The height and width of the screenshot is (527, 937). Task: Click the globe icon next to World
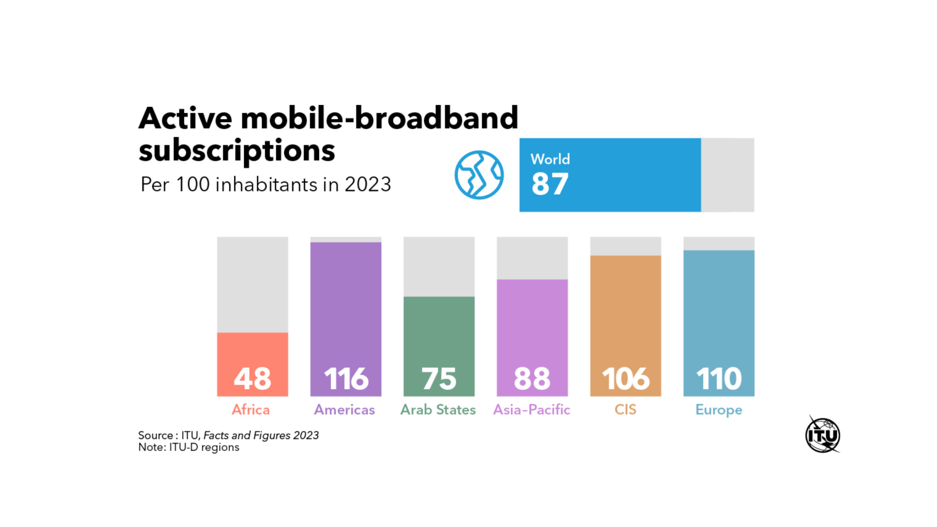pyautogui.click(x=479, y=175)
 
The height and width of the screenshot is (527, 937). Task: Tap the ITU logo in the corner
pyautogui.click(x=823, y=435)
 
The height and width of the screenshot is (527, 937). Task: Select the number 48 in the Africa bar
pyautogui.click(x=252, y=379)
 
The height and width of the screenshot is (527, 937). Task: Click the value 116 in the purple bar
pyautogui.click(x=346, y=379)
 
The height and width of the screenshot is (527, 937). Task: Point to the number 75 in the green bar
pyautogui.click(x=439, y=379)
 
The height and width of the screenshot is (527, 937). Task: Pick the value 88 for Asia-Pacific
pyautogui.click(x=532, y=379)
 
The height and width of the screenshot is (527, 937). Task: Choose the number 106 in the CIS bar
pyautogui.click(x=626, y=379)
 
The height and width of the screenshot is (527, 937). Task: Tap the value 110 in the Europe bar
pyautogui.click(x=719, y=379)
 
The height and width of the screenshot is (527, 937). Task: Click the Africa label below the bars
pyautogui.click(x=251, y=409)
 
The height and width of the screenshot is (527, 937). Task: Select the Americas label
pyautogui.click(x=345, y=409)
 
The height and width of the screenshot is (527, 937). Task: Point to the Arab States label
pyautogui.click(x=438, y=409)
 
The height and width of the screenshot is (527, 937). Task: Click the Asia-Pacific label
pyautogui.click(x=531, y=409)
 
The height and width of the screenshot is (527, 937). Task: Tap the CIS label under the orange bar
pyautogui.click(x=625, y=409)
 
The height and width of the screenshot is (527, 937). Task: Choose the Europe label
pyautogui.click(x=719, y=410)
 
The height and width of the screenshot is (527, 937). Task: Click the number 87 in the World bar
pyautogui.click(x=550, y=184)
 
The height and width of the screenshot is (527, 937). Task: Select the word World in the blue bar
pyautogui.click(x=550, y=159)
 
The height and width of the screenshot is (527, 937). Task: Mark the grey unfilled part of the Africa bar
pyautogui.click(x=252, y=284)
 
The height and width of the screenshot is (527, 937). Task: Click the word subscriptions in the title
pyautogui.click(x=237, y=150)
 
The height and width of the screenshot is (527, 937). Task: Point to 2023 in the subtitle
pyautogui.click(x=367, y=184)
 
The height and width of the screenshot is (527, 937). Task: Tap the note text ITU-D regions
pyautogui.click(x=204, y=447)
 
